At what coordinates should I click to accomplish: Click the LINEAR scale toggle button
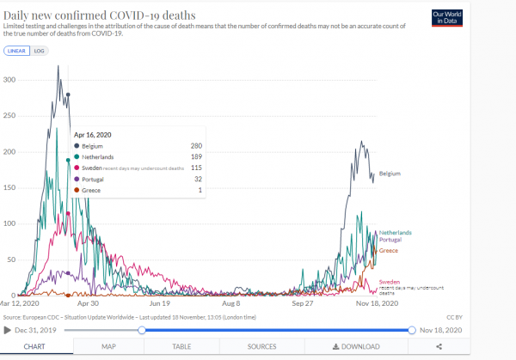[16, 51]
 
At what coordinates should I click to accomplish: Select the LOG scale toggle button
[39, 51]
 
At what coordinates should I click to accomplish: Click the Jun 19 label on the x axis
[160, 303]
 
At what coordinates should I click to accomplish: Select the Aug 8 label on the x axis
[231, 303]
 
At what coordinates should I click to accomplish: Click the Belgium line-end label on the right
[390, 174]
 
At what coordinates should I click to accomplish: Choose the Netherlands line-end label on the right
[396, 233]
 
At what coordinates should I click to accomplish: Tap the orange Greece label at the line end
[389, 250]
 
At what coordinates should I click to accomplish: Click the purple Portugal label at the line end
[391, 240]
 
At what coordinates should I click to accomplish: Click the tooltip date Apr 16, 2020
[93, 134]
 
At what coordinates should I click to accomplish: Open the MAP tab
[108, 346]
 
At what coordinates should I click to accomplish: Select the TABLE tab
[181, 346]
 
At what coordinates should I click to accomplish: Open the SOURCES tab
[262, 346]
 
